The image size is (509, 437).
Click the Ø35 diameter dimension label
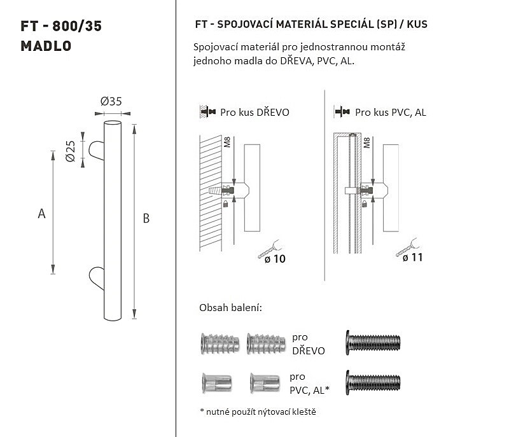point(111,102)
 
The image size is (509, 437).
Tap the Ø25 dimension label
point(70,151)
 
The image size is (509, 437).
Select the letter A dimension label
point(41,214)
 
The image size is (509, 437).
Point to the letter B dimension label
point(146,218)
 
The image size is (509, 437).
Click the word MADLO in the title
point(46,46)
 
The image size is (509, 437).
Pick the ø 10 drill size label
point(275,259)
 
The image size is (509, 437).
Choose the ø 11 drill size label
point(412,258)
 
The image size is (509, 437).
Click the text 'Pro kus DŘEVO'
point(254,112)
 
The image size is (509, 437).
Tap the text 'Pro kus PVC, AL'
point(390,112)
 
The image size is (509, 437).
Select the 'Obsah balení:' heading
point(230,308)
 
